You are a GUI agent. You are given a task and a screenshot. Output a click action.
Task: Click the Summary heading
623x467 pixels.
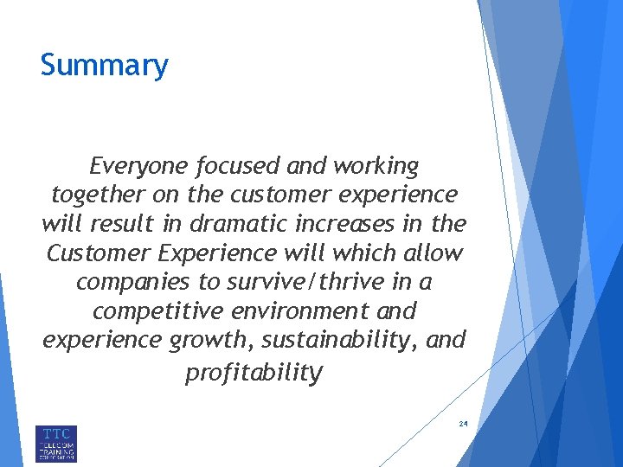pos(104,66)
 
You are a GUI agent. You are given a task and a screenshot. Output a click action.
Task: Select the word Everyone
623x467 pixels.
pos(139,165)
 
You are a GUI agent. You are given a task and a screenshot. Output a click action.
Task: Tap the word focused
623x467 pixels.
pos(236,165)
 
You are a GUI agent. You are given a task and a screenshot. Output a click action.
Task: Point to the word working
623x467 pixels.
pos(374,165)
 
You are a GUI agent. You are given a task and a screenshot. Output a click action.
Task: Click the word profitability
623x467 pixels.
pos(254,373)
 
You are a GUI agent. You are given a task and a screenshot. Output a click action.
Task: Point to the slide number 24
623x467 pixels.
pos(463,425)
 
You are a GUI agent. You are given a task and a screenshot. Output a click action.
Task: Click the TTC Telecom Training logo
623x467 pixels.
pos(56,443)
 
